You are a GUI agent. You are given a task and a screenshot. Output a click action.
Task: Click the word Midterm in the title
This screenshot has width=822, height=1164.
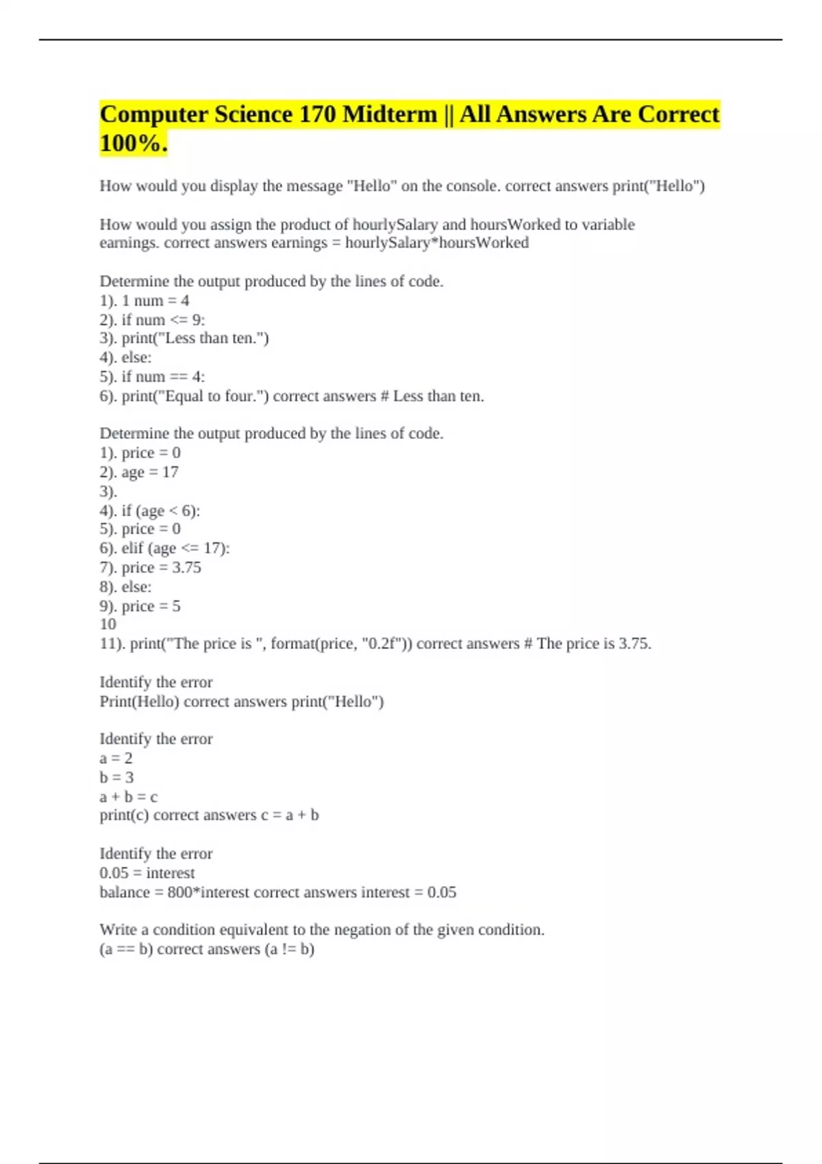[389, 114]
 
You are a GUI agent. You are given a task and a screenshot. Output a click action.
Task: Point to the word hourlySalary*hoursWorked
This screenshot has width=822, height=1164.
[436, 243]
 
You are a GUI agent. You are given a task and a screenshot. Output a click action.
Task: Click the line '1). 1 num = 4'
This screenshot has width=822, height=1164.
[145, 301]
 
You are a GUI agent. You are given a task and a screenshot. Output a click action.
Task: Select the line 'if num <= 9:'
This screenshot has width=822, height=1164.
[163, 320]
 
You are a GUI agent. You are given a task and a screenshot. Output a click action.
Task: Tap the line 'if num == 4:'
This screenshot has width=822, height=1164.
[163, 377]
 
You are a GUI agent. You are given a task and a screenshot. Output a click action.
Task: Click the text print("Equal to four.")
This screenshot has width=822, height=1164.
[195, 396]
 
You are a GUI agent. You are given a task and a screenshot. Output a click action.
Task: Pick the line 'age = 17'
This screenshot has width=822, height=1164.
[149, 472]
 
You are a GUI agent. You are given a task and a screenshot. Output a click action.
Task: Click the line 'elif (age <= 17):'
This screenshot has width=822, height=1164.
[175, 548]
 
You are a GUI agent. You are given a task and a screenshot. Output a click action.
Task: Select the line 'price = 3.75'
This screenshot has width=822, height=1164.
[161, 568]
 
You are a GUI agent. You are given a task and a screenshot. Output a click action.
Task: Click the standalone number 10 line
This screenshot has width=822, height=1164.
[108, 624]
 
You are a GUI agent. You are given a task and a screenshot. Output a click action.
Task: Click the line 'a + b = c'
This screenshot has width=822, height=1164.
[129, 797]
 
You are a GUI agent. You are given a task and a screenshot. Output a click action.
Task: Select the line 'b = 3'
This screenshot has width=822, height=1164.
[116, 778]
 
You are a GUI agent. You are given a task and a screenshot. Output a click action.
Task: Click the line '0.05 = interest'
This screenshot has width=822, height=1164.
[147, 873]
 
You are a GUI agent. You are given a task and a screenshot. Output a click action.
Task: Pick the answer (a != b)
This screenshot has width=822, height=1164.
[289, 950]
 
